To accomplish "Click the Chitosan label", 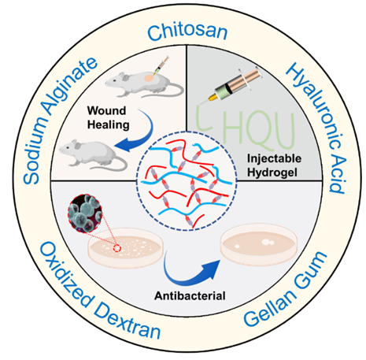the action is [187, 32].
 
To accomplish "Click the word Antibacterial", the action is [190, 296].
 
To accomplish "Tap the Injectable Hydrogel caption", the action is [274, 165].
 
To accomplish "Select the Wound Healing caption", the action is [108, 117].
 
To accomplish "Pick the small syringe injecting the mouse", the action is [161, 65].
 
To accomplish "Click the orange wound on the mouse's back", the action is [149, 78].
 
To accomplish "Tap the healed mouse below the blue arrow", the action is [93, 155].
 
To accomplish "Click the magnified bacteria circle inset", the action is [85, 213].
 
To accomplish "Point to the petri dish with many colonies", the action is [125, 248].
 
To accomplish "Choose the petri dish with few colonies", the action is [259, 245].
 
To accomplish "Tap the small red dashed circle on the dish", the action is [117, 248].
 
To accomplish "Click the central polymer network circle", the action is [187, 181].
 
